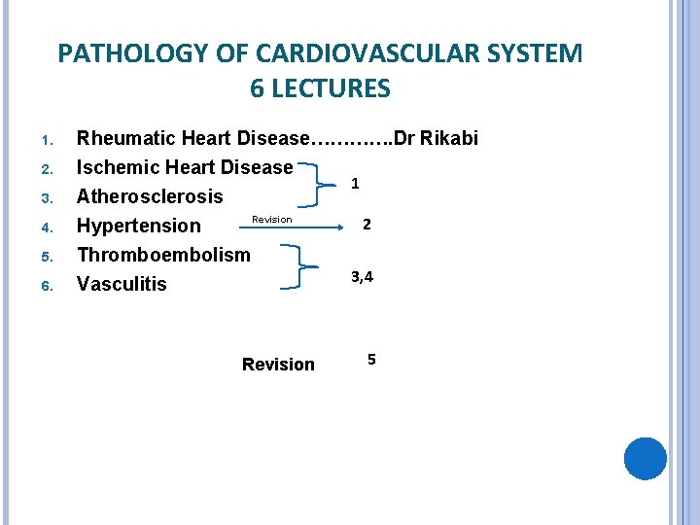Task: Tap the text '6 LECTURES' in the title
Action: (320, 89)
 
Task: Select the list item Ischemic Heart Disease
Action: (185, 167)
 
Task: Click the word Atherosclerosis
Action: (150, 196)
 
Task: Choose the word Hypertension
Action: (139, 226)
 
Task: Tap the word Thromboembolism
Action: (163, 255)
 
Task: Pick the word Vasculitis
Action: (122, 284)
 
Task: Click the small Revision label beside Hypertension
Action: (271, 220)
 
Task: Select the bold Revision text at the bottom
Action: (278, 365)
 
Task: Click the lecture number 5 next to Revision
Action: (371, 361)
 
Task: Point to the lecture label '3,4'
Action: (362, 277)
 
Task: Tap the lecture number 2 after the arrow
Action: (367, 225)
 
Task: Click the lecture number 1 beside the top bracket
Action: (356, 183)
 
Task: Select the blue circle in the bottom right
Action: (645, 459)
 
